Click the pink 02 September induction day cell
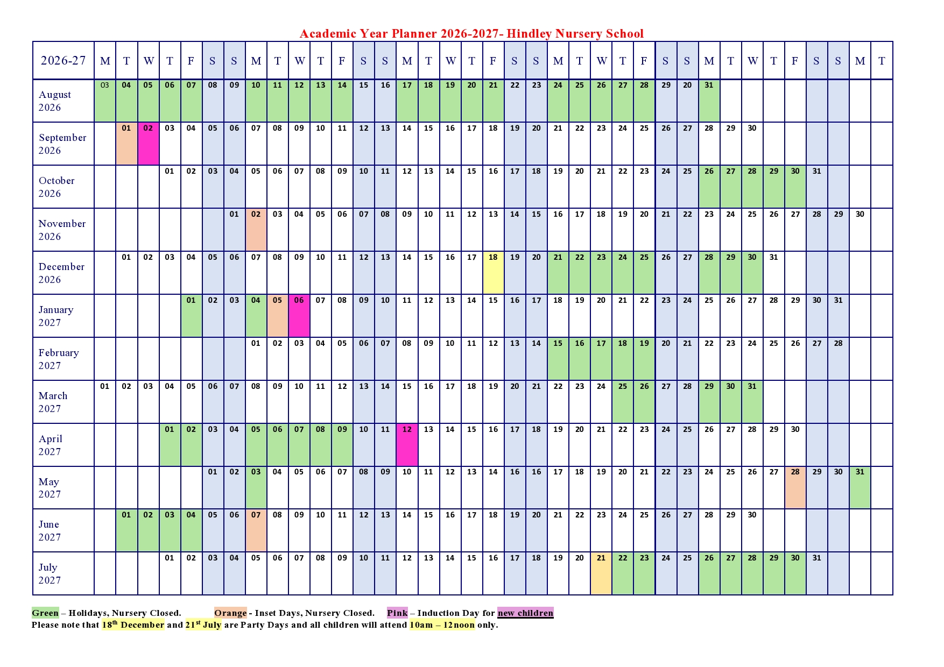pyautogui.click(x=148, y=144)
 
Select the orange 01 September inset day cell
pyautogui.click(x=126, y=144)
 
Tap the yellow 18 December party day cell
pyautogui.click(x=493, y=273)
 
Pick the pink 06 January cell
pyautogui.click(x=299, y=316)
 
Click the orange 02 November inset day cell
pyautogui.click(x=256, y=230)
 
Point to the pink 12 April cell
pyautogui.click(x=407, y=445)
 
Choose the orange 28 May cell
pyautogui.click(x=795, y=487)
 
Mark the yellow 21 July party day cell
pyautogui.click(x=601, y=573)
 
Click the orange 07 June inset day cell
pyautogui.click(x=256, y=530)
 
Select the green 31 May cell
pyautogui.click(x=860, y=487)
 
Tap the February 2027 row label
pyautogui.click(x=59, y=359)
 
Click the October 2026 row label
pyautogui.click(x=57, y=187)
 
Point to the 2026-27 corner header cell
pyautogui.click(x=63, y=60)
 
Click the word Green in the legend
pyautogui.click(x=45, y=613)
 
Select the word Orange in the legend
pyautogui.click(x=230, y=613)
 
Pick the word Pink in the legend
pyautogui.click(x=397, y=613)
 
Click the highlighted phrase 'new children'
pyautogui.click(x=525, y=613)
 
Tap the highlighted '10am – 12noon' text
pyautogui.click(x=442, y=625)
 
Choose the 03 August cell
pyautogui.click(x=105, y=100)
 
